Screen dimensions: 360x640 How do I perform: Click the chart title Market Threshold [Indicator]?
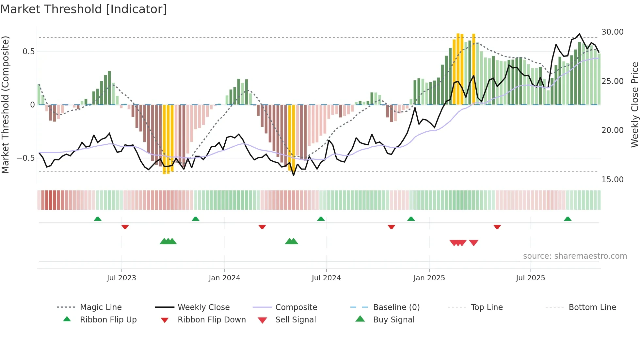pos(84,9)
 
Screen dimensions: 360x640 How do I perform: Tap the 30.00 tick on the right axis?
pos(612,32)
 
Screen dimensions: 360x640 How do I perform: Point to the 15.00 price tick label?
pos(612,179)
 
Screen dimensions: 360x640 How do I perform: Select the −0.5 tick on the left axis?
pos(26,158)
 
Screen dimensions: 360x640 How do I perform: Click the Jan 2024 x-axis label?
pos(224,278)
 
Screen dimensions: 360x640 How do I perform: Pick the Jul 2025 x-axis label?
pos(530,278)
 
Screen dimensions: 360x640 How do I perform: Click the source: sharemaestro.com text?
pos(575,256)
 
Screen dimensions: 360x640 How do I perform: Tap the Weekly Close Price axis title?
pos(634,105)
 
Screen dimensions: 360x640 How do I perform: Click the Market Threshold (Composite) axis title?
pos(5,105)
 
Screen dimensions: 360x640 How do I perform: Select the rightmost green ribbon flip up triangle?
pos(568,219)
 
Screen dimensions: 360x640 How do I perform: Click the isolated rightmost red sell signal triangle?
pos(473,242)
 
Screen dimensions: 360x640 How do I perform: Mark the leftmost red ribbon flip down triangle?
pos(125,227)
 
